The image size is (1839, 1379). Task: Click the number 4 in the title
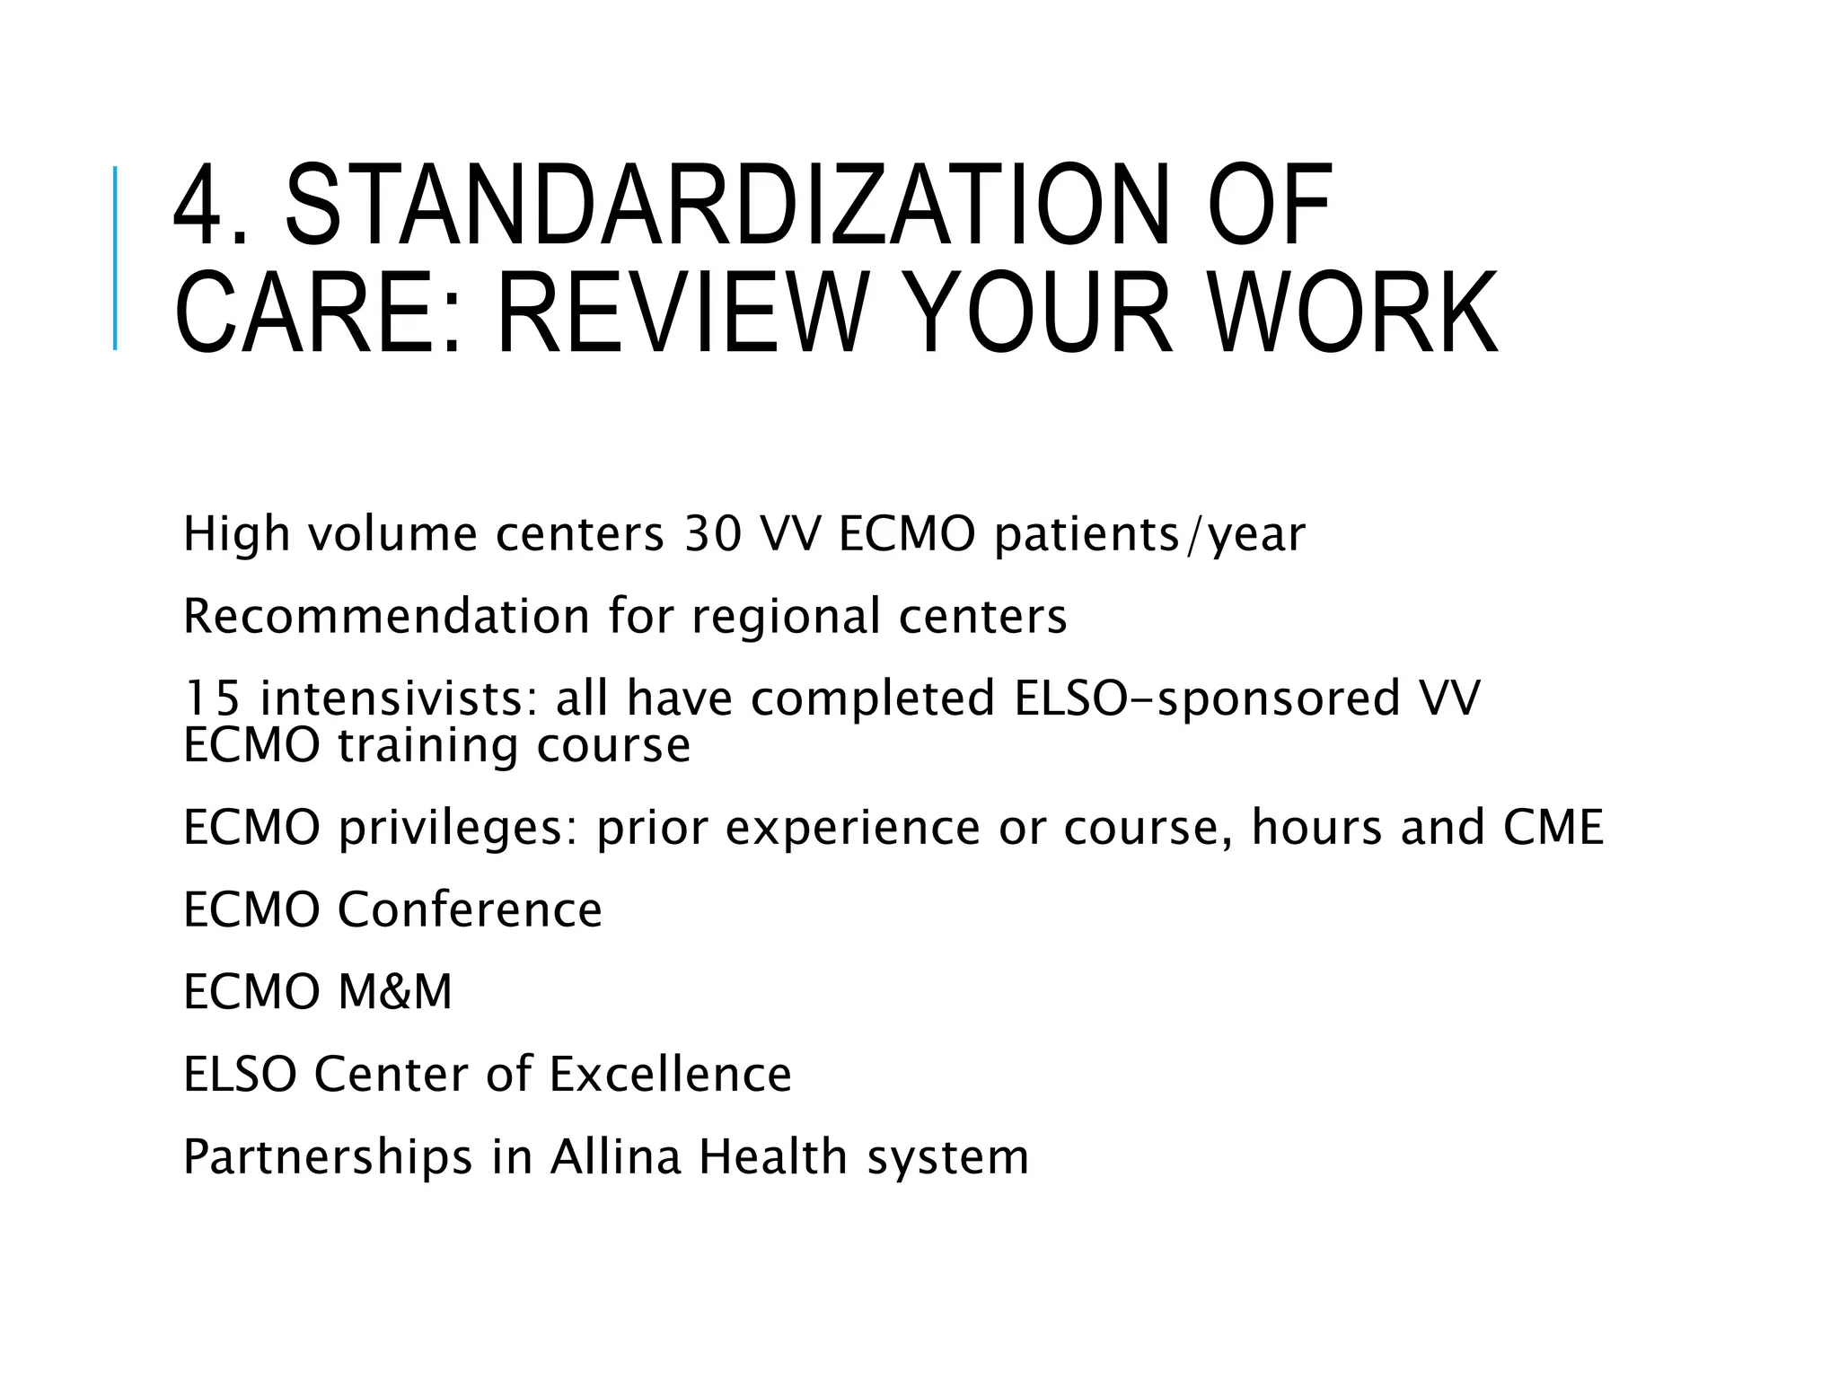pos(198,206)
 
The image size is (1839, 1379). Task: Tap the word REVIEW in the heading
pos(682,313)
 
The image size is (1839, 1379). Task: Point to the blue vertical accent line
pos(115,259)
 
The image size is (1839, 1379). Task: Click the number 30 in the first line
pos(713,534)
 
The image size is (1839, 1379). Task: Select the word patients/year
pos(1149,536)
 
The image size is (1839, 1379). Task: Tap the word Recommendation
pos(387,617)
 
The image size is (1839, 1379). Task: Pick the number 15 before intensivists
pos(212,698)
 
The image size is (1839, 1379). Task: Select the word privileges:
pos(458,829)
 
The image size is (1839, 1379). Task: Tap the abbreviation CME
pos(1553,827)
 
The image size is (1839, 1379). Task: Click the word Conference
pos(470,909)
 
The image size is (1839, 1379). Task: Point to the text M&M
pos(395,992)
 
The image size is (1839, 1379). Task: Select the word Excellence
pos(670,1075)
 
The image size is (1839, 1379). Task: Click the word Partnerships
pos(328,1157)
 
